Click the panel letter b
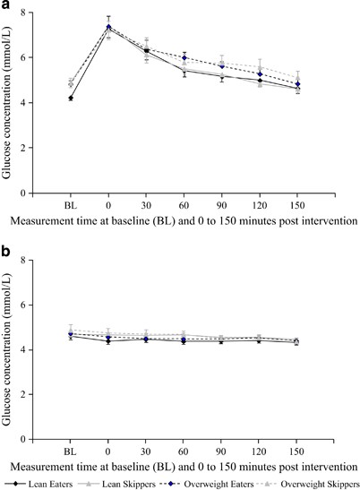pyautogui.click(x=7, y=249)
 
